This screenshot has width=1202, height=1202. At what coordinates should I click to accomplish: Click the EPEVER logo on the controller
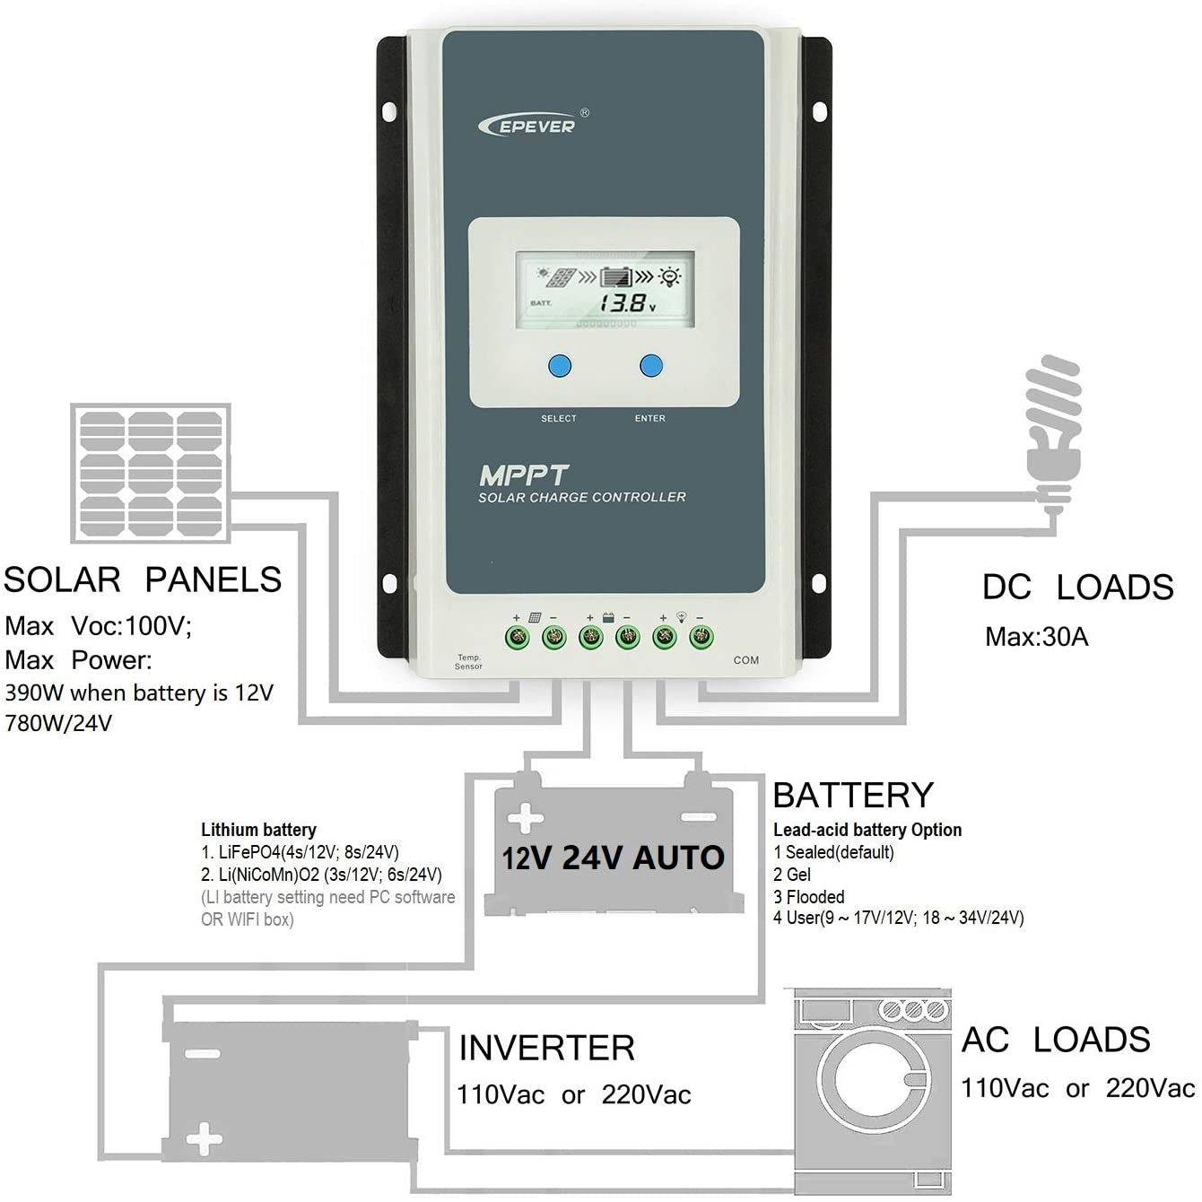tap(533, 125)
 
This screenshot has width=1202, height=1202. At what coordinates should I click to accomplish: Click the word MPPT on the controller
tap(524, 475)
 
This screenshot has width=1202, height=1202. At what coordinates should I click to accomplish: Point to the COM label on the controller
tap(745, 660)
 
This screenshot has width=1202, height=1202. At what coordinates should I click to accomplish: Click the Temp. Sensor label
tap(468, 662)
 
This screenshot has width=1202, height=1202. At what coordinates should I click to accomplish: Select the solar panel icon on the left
tap(151, 473)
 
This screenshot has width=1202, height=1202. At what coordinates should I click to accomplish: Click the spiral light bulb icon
tap(1055, 422)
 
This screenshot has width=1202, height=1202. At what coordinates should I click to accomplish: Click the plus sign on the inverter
tap(204, 1139)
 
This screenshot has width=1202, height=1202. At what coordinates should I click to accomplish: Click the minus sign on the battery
tap(698, 817)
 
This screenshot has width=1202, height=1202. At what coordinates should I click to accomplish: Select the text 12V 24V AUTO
tap(613, 858)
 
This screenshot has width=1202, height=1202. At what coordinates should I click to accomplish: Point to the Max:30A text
tap(1036, 637)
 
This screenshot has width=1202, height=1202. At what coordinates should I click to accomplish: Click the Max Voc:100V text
tap(99, 625)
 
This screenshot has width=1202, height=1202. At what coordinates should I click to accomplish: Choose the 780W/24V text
tap(58, 723)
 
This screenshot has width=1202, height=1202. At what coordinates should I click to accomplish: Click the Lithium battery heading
tap(258, 830)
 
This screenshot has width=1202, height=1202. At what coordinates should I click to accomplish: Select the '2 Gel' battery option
tap(792, 874)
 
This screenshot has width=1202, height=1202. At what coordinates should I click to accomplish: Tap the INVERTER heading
tap(546, 1048)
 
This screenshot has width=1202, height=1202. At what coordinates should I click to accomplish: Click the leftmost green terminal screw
tap(518, 638)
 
